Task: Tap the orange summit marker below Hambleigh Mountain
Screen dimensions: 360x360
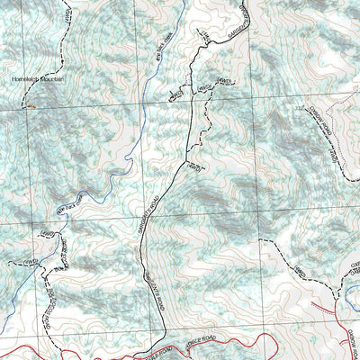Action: coord(31,105)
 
